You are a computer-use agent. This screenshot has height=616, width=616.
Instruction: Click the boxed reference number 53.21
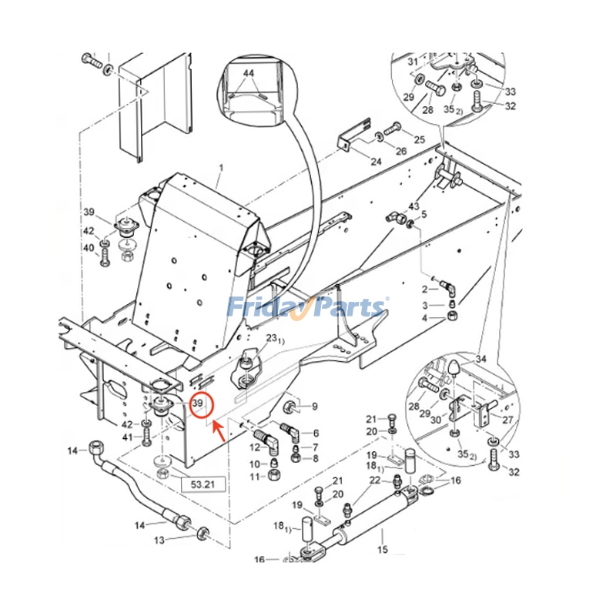(x=203, y=484)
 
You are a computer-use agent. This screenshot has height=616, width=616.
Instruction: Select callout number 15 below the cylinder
(x=383, y=549)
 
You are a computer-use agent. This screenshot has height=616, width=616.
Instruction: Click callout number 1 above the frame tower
(x=221, y=168)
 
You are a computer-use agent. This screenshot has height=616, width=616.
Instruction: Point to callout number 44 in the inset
(x=249, y=73)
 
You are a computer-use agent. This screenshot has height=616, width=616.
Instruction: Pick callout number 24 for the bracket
(x=376, y=161)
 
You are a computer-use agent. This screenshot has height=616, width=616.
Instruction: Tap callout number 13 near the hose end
(x=159, y=541)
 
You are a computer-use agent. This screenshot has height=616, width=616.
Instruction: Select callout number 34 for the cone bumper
(x=480, y=359)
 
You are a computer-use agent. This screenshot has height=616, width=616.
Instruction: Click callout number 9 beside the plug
(x=314, y=407)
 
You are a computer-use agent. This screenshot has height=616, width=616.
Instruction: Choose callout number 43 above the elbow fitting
(x=413, y=206)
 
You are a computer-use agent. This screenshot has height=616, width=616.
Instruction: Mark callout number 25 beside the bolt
(x=419, y=139)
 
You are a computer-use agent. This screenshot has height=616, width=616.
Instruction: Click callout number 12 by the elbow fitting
(x=255, y=447)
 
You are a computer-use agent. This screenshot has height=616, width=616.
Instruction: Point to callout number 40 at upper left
(x=89, y=248)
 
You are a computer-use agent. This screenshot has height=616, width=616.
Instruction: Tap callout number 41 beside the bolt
(x=127, y=437)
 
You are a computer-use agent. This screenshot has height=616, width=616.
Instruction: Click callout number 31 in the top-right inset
(x=413, y=62)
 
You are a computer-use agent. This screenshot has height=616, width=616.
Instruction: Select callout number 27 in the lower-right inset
(x=507, y=420)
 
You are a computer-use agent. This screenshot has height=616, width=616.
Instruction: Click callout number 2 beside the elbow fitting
(x=424, y=290)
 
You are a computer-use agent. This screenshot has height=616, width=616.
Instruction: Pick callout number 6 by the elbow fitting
(x=316, y=433)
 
